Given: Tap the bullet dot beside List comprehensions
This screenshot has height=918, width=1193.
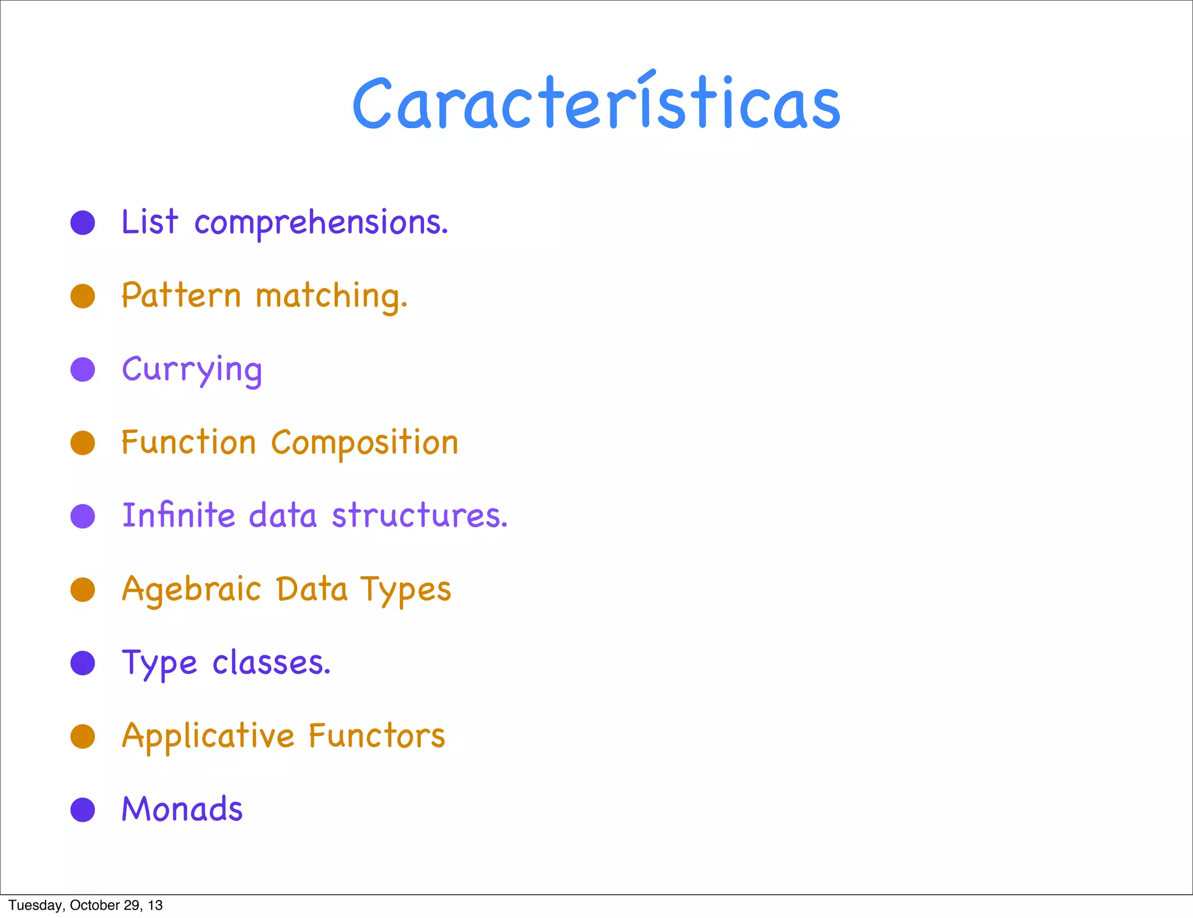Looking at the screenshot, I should tap(83, 223).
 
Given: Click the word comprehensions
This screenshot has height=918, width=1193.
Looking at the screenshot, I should tap(321, 223).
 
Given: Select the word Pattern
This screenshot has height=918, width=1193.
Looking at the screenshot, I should tap(181, 295).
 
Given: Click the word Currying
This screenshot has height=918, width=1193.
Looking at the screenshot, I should tap(192, 370).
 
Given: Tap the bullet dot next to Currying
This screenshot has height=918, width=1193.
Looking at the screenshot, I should tap(83, 369).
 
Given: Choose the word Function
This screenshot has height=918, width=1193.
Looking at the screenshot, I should tap(188, 443).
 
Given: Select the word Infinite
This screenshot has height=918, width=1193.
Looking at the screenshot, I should tap(179, 516).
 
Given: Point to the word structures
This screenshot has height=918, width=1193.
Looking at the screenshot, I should tap(419, 516).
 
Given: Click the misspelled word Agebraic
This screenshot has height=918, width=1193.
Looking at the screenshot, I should tap(191, 590).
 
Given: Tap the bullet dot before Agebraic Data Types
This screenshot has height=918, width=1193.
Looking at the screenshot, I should tap(83, 589).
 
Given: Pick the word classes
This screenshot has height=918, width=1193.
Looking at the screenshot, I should tap(271, 663).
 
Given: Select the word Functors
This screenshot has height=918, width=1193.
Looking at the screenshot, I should tap(377, 736).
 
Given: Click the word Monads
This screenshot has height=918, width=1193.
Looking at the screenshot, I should tap(182, 809).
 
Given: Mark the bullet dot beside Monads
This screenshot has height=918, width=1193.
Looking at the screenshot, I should tap(83, 810).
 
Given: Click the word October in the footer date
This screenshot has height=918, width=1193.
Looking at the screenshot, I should tap(94, 905).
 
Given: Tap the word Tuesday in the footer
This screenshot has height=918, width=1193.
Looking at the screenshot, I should tap(35, 905).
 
